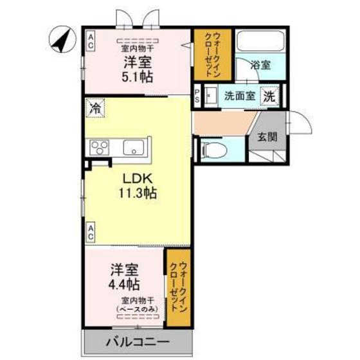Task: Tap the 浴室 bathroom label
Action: click(x=260, y=64)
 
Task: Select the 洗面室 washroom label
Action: click(x=240, y=96)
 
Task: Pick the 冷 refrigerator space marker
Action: click(x=96, y=107)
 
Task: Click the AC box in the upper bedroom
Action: click(x=91, y=42)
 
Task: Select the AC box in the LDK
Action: click(x=91, y=233)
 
